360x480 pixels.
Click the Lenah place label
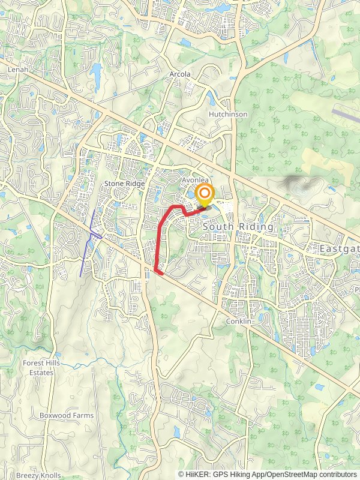click(18, 70)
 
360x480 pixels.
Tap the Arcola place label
click(179, 74)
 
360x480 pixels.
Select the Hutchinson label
click(228, 114)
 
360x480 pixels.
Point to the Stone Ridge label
click(125, 183)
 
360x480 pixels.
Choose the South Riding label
click(238, 227)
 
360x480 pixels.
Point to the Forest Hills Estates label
click(38, 368)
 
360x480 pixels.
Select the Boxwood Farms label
click(63, 415)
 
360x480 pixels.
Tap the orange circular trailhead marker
click(205, 194)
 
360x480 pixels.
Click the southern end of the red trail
click(160, 272)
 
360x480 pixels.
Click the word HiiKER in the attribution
click(198, 474)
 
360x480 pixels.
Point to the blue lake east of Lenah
click(96, 74)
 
